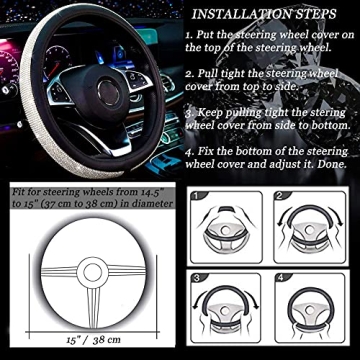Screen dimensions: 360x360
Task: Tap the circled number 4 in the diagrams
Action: [x=281, y=277]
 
